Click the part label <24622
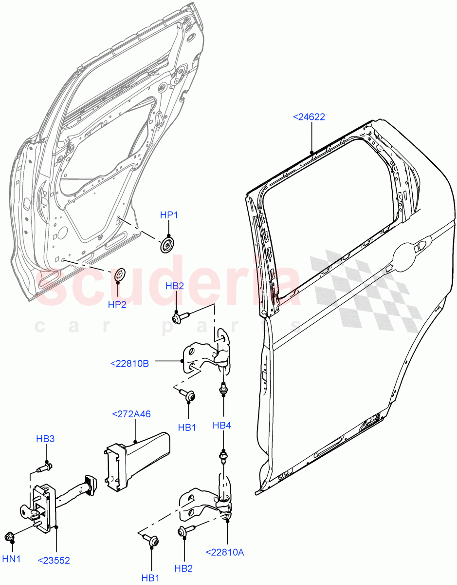(309, 117)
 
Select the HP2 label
(117, 305)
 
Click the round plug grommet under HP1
(167, 245)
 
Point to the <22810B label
(129, 363)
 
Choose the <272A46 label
(131, 414)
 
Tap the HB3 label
(45, 439)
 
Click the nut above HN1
(9, 537)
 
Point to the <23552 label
(54, 561)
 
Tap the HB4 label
(221, 426)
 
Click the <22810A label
(225, 552)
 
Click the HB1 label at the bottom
(151, 578)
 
